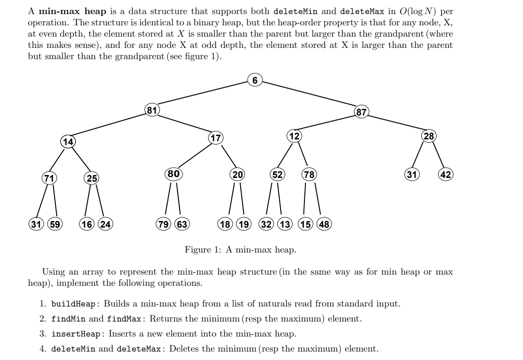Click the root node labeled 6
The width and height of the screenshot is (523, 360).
pos(255,80)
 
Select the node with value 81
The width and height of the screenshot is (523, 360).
pos(152,110)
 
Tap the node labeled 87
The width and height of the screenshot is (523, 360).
pos(362,112)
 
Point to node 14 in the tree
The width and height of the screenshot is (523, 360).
pos(68,141)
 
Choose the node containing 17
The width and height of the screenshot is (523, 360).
pos(215,138)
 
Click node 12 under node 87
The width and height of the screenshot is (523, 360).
pos(294,136)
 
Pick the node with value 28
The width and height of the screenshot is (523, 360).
pos(429,136)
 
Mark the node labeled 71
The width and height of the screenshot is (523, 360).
pos(48,178)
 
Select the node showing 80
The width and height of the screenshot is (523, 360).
pos(174,174)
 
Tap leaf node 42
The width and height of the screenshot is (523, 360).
pos(446,175)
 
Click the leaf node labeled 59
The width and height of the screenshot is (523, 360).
pos(55,224)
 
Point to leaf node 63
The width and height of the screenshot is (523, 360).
pos(182,224)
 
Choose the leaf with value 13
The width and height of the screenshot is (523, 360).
pos(285,224)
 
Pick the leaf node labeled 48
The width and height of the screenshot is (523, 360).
pos(324,224)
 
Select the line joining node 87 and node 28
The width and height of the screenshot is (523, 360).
pos(395,124)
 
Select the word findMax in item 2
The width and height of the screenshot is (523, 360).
pos(124,319)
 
